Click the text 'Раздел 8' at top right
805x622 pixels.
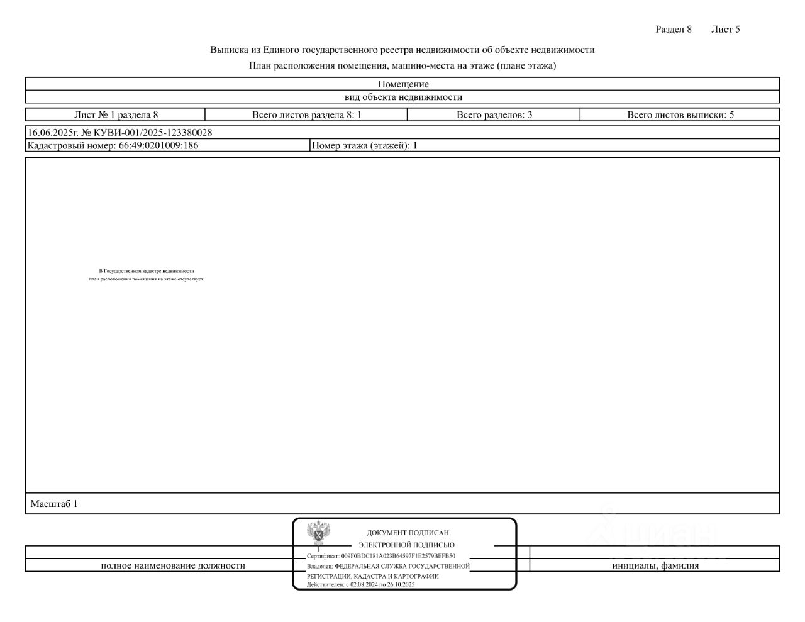[673, 29]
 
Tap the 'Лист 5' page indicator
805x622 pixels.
[725, 29]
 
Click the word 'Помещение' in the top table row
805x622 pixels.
[403, 84]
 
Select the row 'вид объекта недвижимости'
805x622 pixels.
[403, 97]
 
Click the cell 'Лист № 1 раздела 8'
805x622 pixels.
[116, 115]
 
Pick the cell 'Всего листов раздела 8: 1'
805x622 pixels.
[306, 115]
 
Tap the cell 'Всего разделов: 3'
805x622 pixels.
[494, 115]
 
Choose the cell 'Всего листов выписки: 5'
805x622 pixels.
[680, 115]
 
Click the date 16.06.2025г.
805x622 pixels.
[53, 133]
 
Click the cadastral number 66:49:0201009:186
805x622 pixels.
[158, 145]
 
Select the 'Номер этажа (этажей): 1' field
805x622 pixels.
[365, 145]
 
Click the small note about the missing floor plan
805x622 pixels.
[147, 275]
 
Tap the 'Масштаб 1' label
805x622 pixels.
[54, 504]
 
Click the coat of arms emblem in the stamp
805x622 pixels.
[319, 533]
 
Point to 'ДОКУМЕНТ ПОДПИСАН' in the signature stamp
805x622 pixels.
[408, 533]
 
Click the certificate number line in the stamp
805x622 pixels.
[381, 556]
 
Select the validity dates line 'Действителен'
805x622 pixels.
[361, 584]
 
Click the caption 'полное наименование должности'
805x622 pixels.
[173, 565]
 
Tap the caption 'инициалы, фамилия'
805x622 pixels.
[655, 565]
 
